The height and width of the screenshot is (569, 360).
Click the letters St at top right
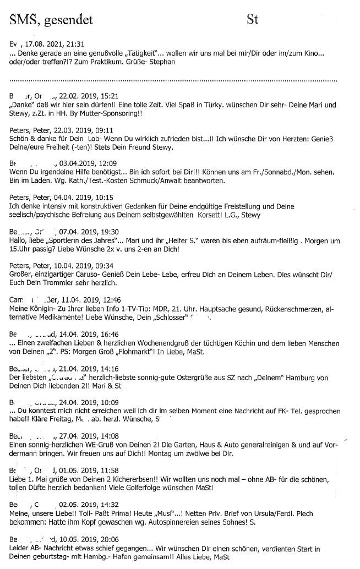click(253, 20)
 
